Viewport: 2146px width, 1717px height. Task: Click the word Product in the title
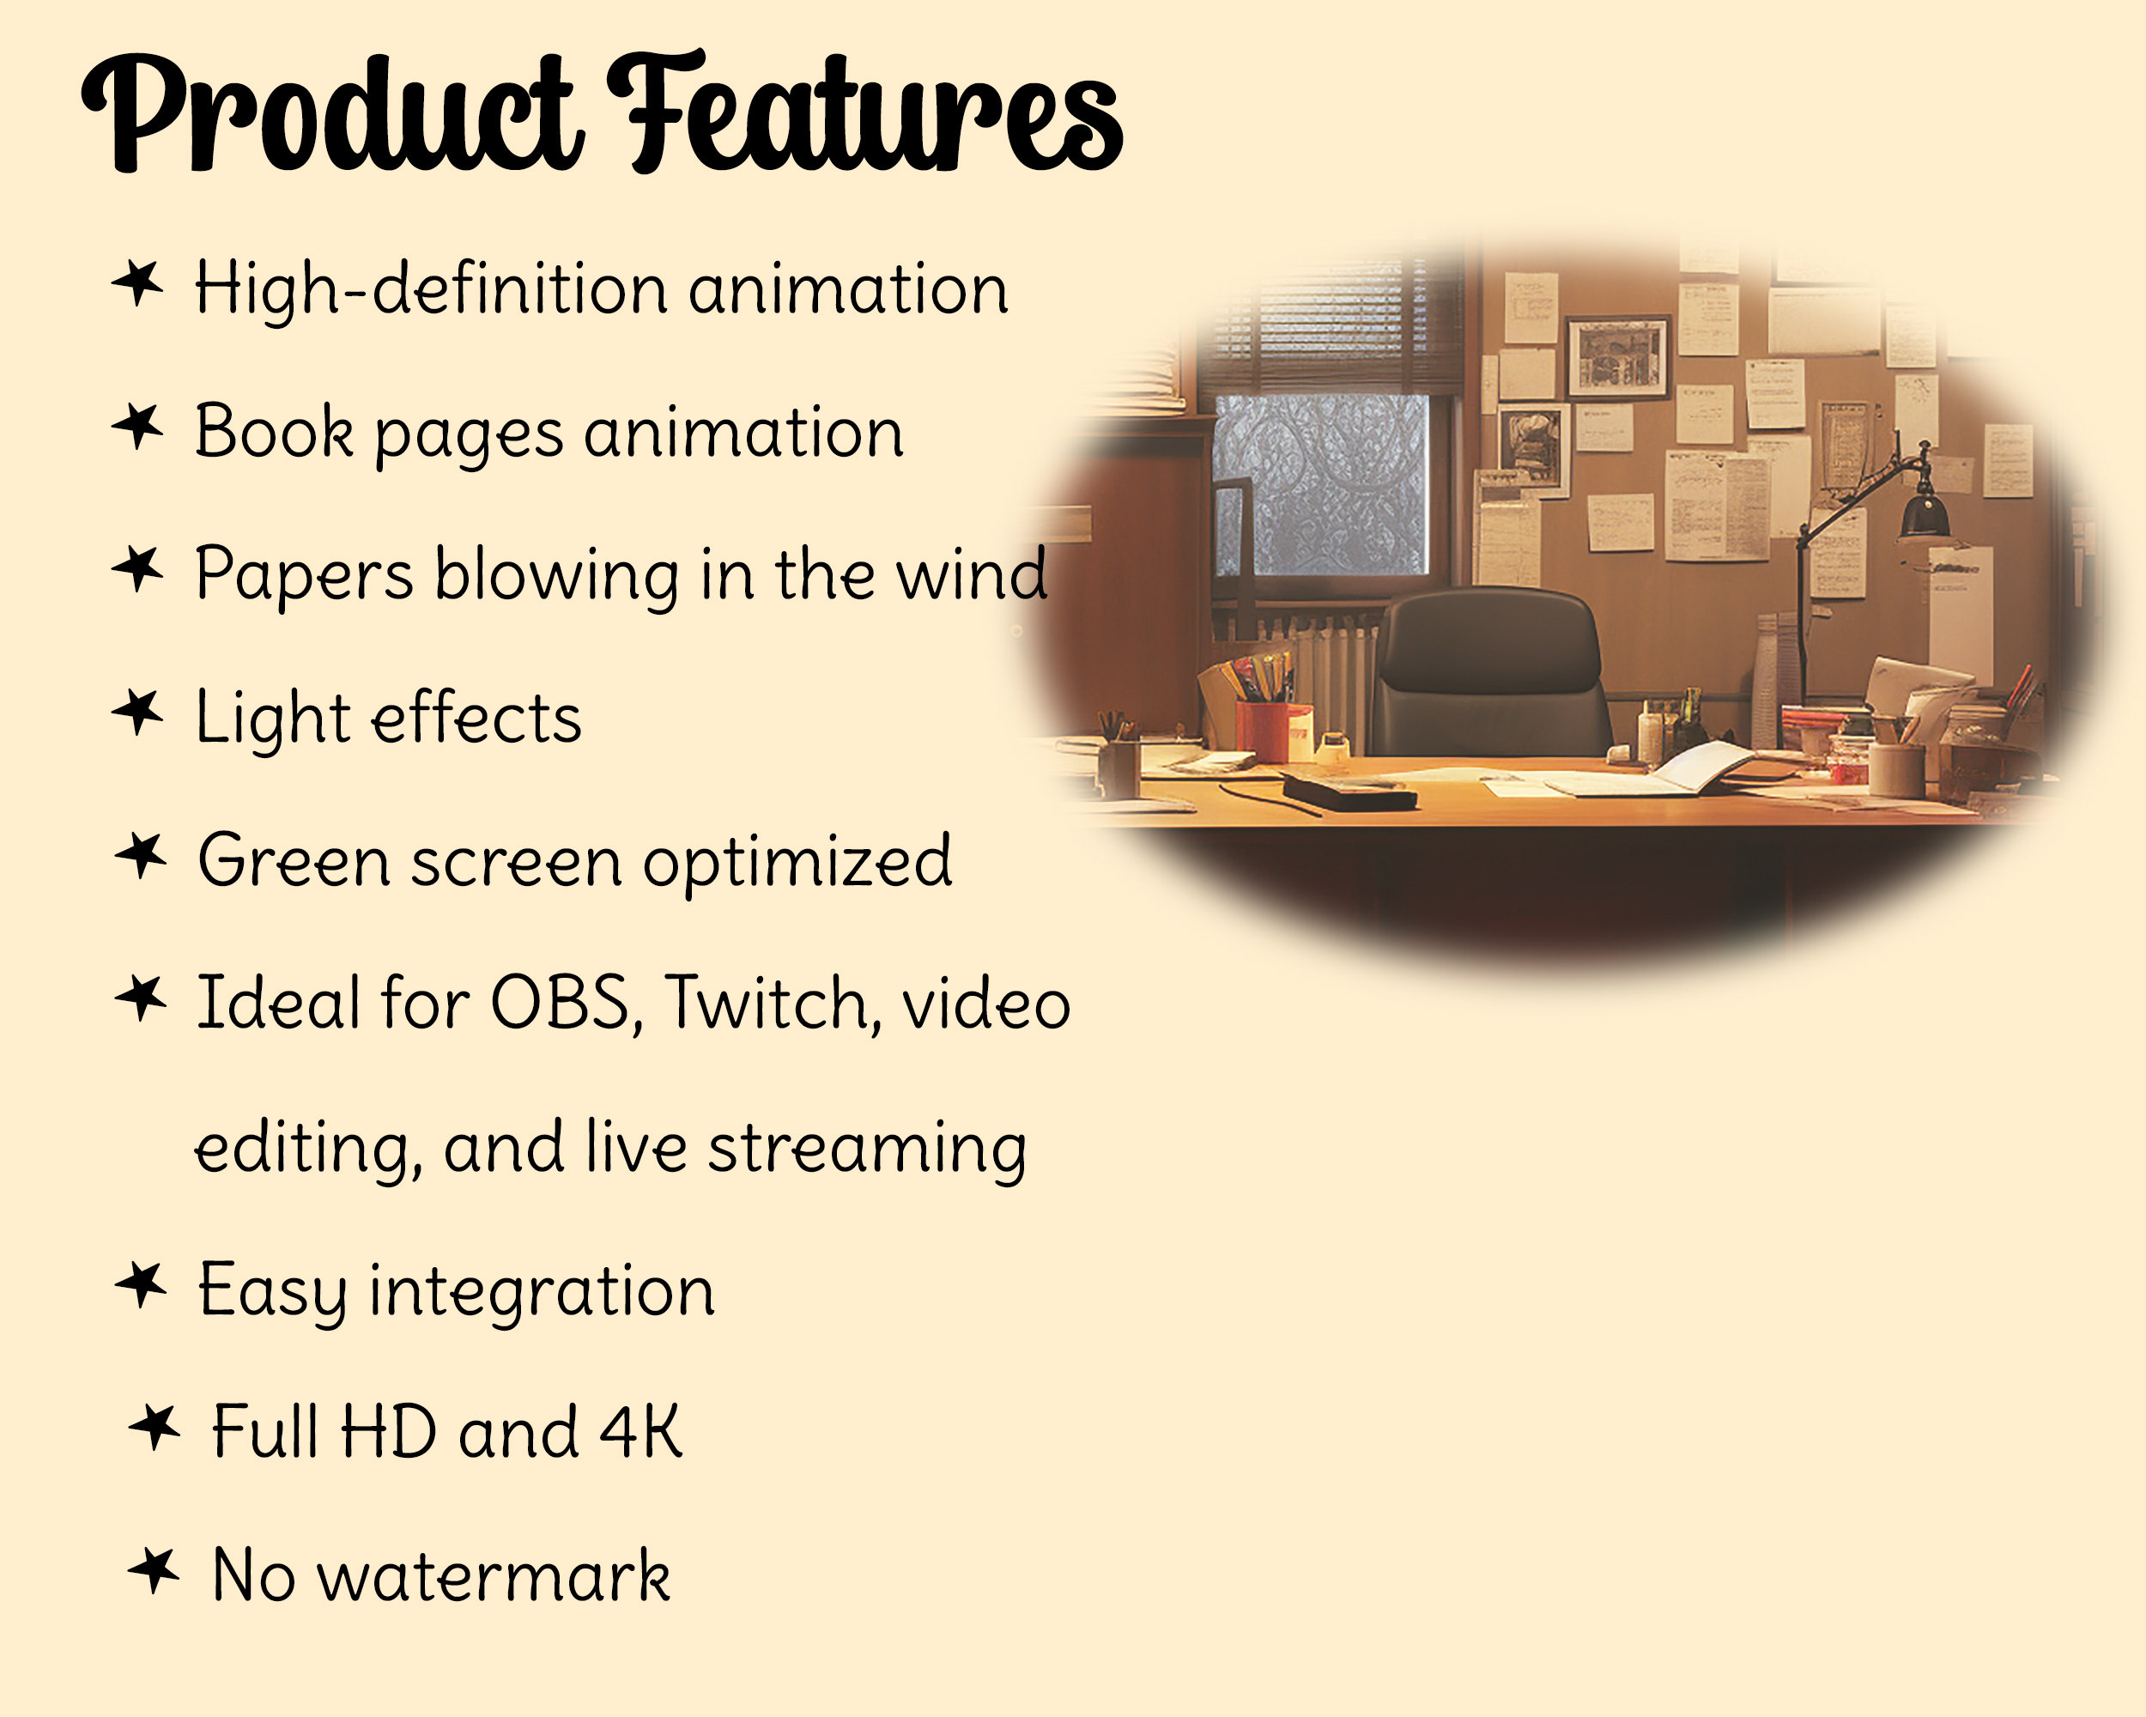pos(329,114)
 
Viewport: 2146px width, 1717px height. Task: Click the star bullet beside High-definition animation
pos(137,282)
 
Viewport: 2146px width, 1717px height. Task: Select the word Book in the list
pos(274,432)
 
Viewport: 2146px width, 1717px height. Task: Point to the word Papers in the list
pos(304,575)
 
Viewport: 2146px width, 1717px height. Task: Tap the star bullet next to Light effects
pos(137,712)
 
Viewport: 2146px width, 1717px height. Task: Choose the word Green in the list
pos(294,860)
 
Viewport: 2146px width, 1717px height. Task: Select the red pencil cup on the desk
pos(1273,731)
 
